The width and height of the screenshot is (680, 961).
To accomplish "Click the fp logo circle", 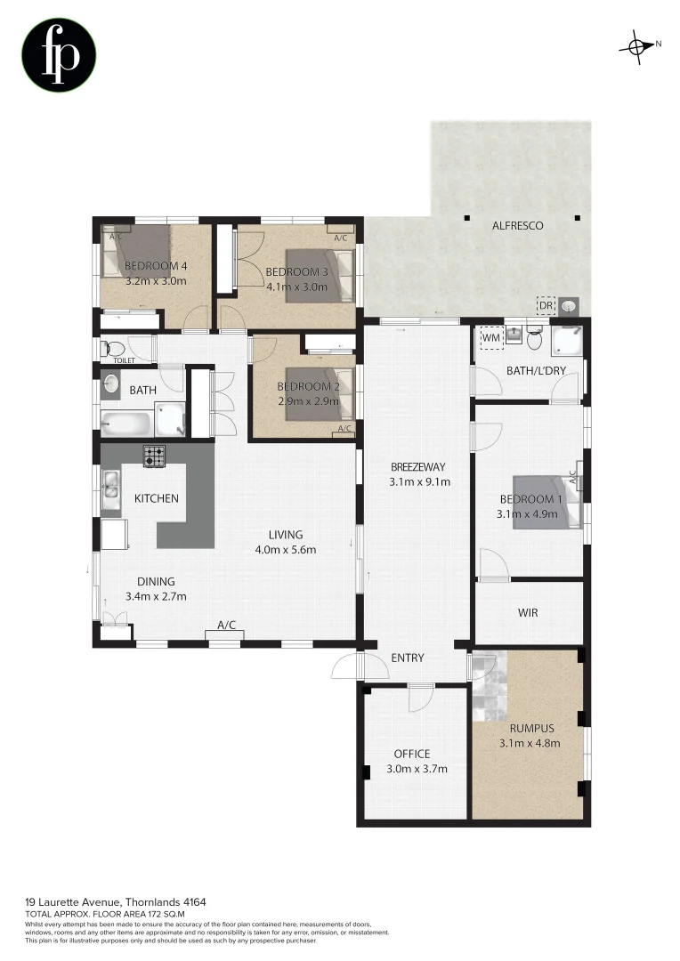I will [x=59, y=56].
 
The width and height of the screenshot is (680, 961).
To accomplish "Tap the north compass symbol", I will [x=638, y=46].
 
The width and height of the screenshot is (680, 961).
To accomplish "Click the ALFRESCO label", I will [x=517, y=226].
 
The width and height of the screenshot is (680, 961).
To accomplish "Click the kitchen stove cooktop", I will [x=155, y=456].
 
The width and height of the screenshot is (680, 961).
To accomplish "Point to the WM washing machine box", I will [x=490, y=337].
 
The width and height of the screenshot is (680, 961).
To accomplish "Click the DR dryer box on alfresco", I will [x=546, y=306].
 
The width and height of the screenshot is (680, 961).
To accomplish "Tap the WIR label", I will [x=528, y=613].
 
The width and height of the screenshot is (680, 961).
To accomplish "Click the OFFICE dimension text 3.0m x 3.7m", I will [x=417, y=769].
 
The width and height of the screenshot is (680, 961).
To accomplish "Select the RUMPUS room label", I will [x=529, y=727].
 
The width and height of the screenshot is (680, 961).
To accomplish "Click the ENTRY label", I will [x=408, y=658].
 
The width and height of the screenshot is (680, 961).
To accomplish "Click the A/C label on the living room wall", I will [x=226, y=626].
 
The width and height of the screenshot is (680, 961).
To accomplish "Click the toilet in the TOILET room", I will [x=109, y=347].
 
